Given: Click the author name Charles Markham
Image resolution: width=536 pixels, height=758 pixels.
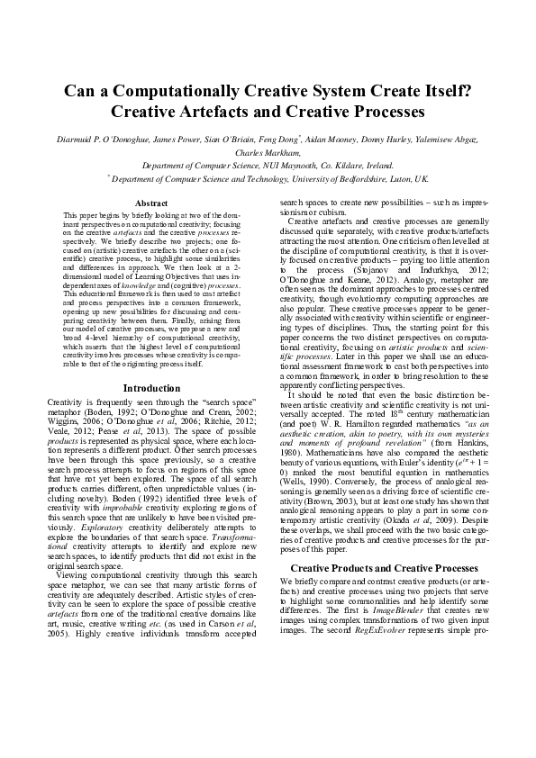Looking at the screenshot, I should tap(267, 153).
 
